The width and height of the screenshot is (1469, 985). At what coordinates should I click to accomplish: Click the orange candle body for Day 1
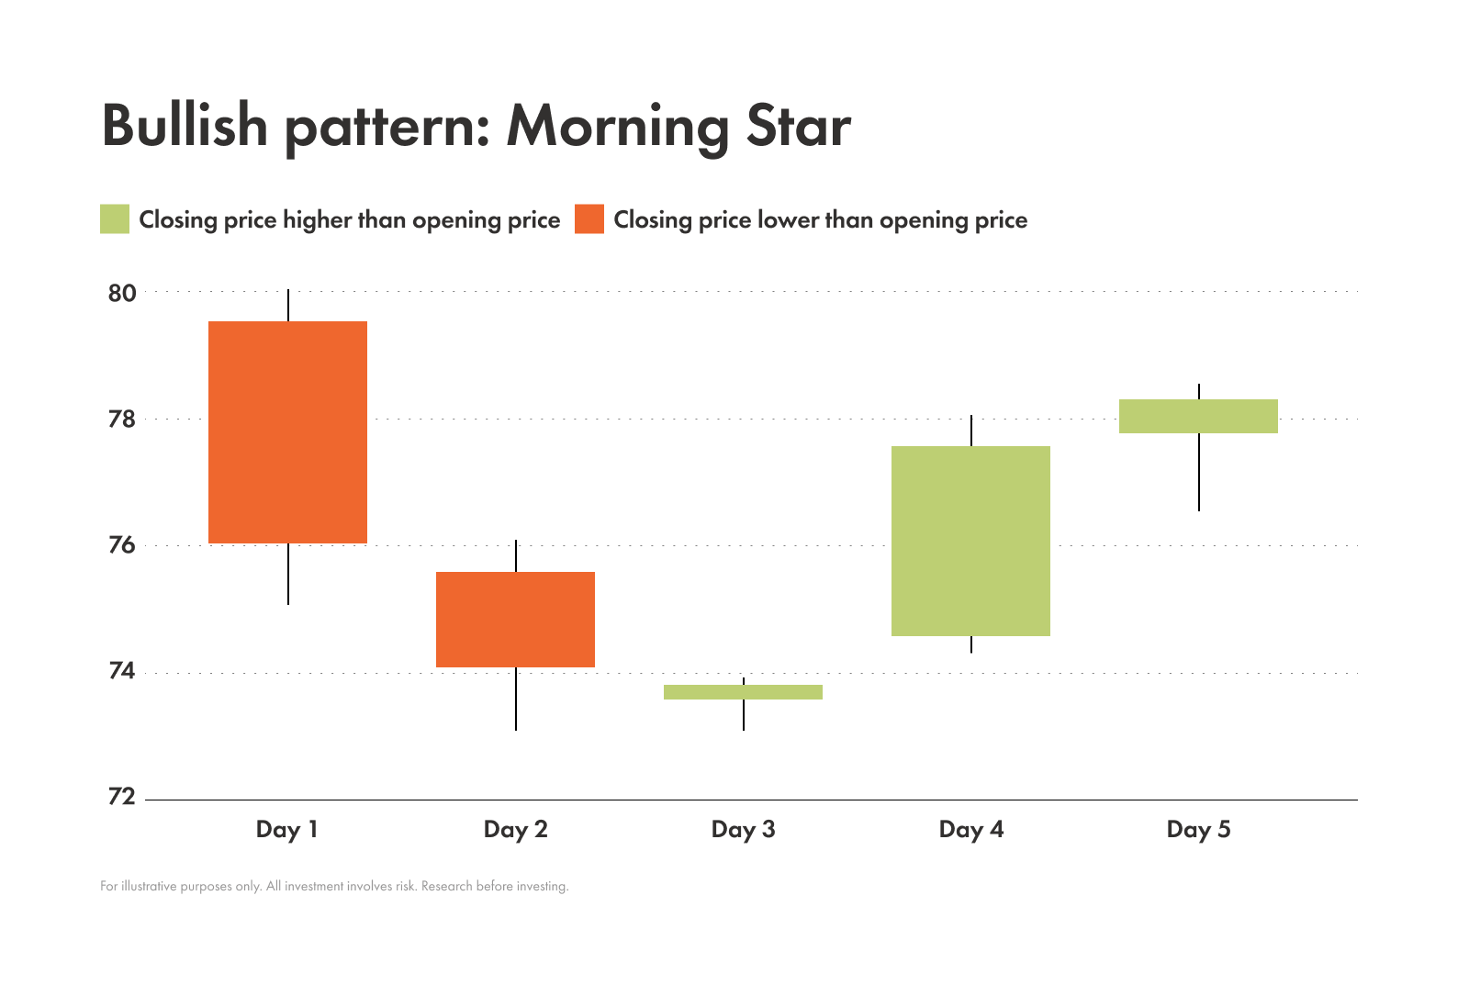click(287, 431)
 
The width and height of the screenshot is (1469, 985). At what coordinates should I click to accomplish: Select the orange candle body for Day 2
click(515, 620)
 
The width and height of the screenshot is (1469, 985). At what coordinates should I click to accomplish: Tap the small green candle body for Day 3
click(743, 692)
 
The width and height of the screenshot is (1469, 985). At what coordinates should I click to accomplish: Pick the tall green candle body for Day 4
click(970, 541)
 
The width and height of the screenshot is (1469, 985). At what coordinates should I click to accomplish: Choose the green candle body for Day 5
click(1198, 416)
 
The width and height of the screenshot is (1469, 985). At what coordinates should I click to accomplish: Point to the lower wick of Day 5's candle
click(1198, 473)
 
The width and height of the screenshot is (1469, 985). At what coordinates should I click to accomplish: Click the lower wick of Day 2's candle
click(516, 700)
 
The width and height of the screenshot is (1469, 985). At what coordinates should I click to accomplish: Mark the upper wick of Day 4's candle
click(971, 431)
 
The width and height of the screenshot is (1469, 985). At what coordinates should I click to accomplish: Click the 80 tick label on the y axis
click(122, 294)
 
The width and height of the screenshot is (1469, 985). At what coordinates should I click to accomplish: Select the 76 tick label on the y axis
click(122, 546)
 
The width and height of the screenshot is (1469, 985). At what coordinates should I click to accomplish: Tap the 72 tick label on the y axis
click(122, 797)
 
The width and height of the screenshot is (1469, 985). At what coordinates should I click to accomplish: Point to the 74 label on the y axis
click(122, 672)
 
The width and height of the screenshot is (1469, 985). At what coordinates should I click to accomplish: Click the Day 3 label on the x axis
click(743, 830)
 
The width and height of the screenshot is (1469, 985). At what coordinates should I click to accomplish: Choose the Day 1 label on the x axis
click(286, 830)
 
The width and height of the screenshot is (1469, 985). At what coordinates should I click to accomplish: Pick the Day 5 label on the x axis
click(1198, 830)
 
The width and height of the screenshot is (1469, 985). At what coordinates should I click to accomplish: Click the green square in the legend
click(115, 219)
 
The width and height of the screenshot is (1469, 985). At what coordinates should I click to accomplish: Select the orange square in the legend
click(589, 219)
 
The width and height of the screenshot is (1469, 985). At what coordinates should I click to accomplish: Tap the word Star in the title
click(799, 126)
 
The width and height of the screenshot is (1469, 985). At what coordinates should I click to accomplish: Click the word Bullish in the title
click(185, 126)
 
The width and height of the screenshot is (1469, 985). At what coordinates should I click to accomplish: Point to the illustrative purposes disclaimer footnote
click(334, 887)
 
